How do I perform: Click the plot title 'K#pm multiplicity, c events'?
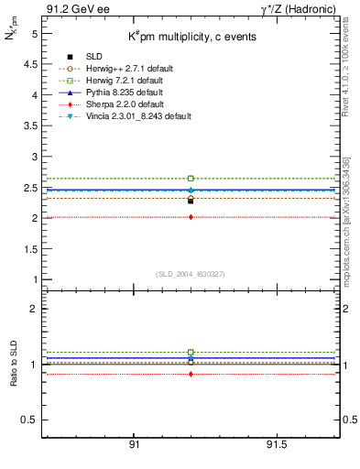[x=191, y=36]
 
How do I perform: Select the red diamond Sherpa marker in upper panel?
[x=191, y=217]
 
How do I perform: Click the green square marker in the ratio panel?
[x=191, y=352]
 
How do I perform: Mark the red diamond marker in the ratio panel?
[x=191, y=374]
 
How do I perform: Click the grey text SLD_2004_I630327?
[x=191, y=273]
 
